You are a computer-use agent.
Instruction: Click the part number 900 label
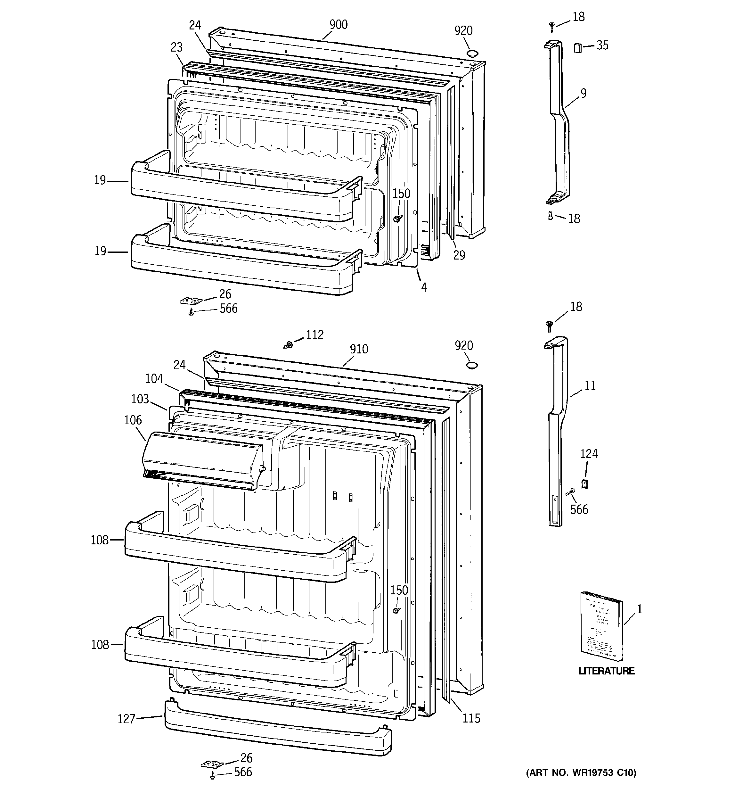pos(338,25)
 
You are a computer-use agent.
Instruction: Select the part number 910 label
pos(359,350)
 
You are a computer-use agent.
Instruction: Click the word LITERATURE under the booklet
pos(606,671)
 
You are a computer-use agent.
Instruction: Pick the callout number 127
pos(127,719)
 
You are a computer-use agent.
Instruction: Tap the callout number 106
pos(133,420)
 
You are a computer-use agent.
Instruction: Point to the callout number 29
pos(459,255)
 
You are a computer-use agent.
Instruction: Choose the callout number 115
pos(471,718)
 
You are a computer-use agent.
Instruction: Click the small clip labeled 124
pos(585,483)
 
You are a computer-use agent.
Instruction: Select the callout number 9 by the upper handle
pos(583,93)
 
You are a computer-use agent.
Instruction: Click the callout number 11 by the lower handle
pos(590,386)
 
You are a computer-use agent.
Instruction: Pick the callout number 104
pos(154,378)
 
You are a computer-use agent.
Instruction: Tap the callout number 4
pos(424,287)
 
